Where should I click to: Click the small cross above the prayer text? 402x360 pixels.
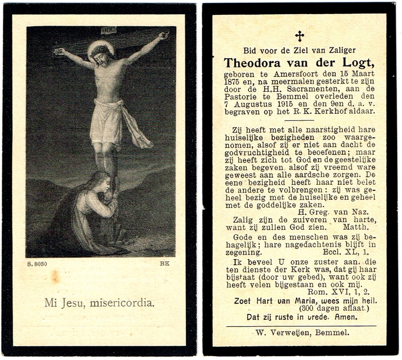click(299, 36)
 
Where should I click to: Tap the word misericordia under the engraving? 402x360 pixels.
click(123, 303)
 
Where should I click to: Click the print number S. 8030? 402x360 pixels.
click(37, 264)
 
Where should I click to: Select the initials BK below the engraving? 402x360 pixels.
click(164, 264)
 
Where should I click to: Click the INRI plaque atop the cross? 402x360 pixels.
click(108, 30)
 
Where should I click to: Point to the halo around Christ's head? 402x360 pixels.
click(100, 50)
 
